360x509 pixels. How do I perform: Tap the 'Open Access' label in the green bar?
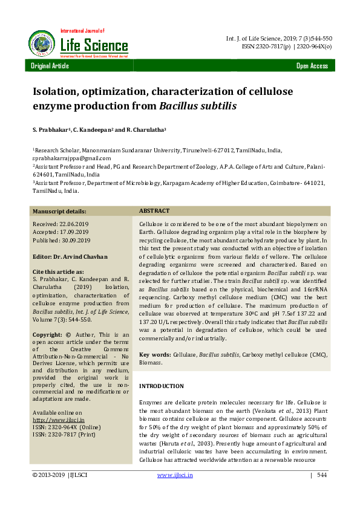[x=312, y=66]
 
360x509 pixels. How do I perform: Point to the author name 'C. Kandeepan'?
[x=94, y=129]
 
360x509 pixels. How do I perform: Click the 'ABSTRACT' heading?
[x=154, y=211]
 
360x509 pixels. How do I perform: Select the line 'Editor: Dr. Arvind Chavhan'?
[x=70, y=256]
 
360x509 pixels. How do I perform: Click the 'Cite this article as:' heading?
[x=58, y=272]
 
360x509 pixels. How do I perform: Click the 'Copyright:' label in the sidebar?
[x=47, y=335]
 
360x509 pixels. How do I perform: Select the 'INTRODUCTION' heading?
[x=162, y=386]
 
